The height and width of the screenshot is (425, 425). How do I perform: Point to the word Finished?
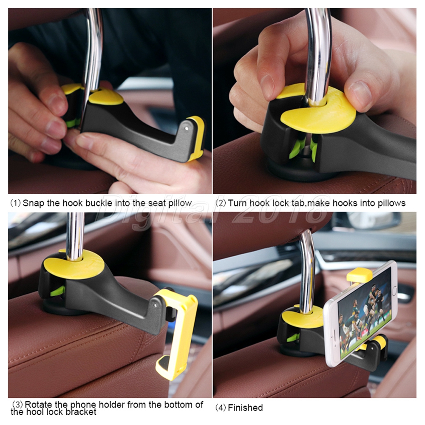tap(245, 408)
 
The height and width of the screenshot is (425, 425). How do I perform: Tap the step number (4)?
tap(221, 408)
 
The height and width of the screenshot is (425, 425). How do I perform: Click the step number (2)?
tap(221, 203)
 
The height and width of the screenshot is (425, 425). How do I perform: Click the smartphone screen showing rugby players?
tap(364, 317)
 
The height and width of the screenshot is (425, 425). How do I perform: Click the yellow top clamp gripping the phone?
tap(360, 275)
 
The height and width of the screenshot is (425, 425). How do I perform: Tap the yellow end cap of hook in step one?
tap(196, 138)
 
